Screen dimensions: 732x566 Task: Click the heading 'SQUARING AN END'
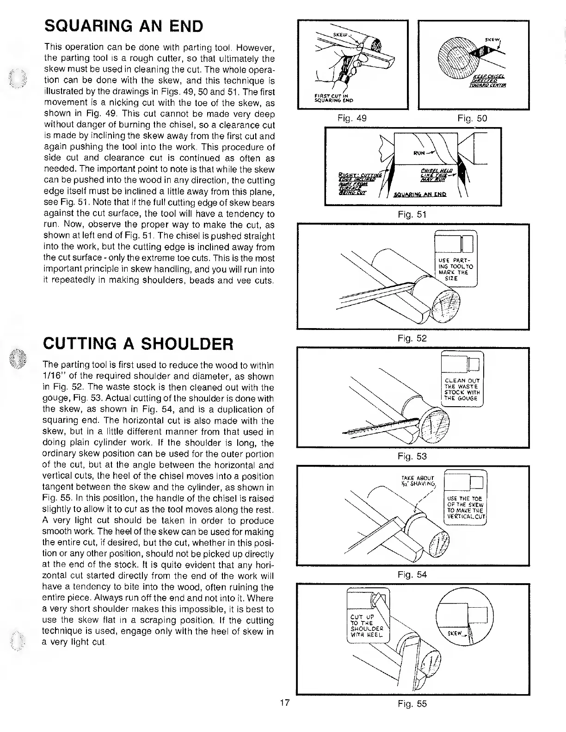(x=123, y=26)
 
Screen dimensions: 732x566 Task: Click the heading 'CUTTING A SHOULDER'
(x=138, y=344)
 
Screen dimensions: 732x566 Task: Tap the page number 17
(x=284, y=703)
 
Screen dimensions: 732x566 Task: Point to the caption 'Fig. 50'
(x=472, y=118)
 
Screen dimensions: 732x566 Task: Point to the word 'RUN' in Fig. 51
(x=418, y=153)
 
